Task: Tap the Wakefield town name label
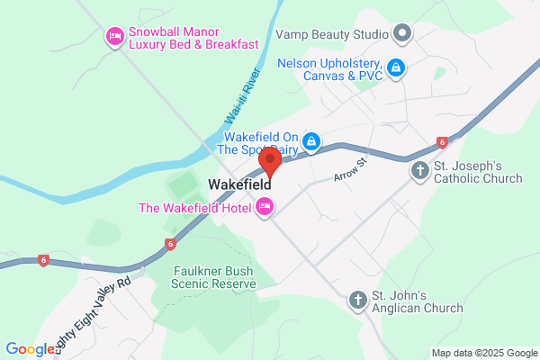coord(240,185)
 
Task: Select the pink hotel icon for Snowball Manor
coord(114,36)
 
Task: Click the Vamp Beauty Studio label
coord(331,35)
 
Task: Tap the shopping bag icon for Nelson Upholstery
coord(396,67)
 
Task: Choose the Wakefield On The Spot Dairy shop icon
coord(310,141)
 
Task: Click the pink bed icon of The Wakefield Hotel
coord(265,208)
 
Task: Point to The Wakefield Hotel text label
coord(196,208)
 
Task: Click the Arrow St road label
coord(351,167)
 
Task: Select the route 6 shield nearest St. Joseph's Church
coord(442,142)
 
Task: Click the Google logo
coord(30,349)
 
